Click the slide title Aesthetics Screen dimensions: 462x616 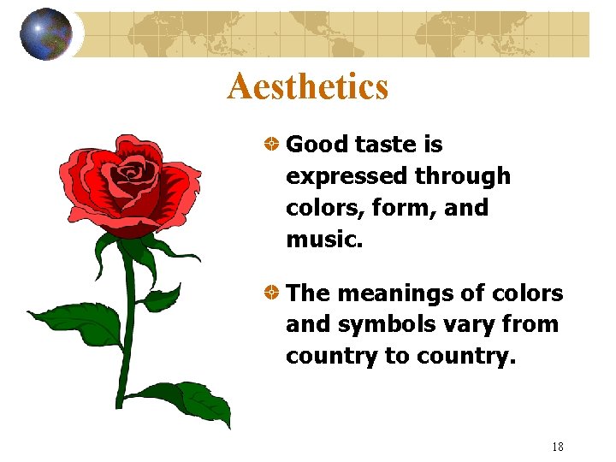(x=307, y=86)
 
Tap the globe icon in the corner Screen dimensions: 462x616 (x=46, y=34)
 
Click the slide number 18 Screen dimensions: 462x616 (x=558, y=446)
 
